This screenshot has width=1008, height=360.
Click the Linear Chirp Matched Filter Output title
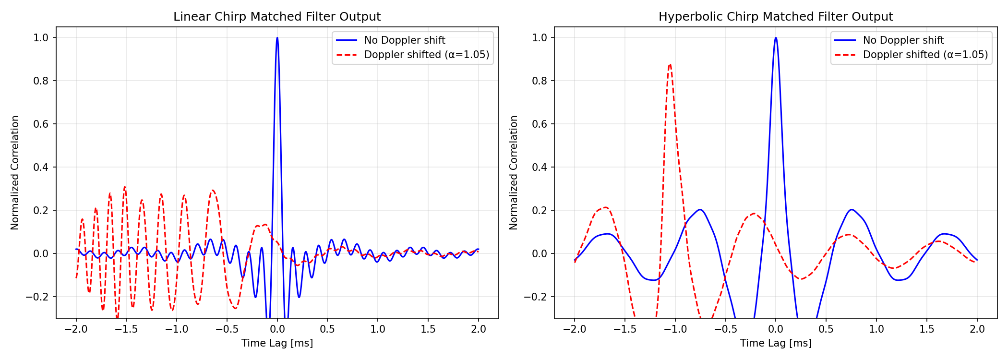coord(277,17)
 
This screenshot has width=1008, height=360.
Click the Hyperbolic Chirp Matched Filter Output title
coord(775,17)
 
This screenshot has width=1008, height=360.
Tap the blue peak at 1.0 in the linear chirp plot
coord(277,38)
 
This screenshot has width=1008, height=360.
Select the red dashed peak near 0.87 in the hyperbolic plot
coord(670,64)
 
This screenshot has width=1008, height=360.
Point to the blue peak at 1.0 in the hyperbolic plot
coord(776,38)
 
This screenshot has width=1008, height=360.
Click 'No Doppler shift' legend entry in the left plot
coord(404,40)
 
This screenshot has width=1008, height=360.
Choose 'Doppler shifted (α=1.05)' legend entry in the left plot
coord(426,55)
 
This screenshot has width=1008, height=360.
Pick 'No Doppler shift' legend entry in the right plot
coord(903,40)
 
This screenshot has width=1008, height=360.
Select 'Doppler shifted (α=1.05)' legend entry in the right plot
coord(925,55)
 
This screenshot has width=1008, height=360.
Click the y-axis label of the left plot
coord(15,172)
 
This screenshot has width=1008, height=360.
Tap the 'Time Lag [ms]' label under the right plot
coord(776,343)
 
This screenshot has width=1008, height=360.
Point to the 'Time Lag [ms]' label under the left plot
coord(277,343)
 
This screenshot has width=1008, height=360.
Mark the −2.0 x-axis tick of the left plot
coord(76,329)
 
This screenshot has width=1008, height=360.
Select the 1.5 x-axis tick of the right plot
coord(926,329)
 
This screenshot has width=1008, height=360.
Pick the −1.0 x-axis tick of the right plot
coord(675,329)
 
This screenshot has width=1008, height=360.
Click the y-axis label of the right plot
coord(514,172)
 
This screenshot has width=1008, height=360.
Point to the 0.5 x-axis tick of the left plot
coord(327,329)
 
